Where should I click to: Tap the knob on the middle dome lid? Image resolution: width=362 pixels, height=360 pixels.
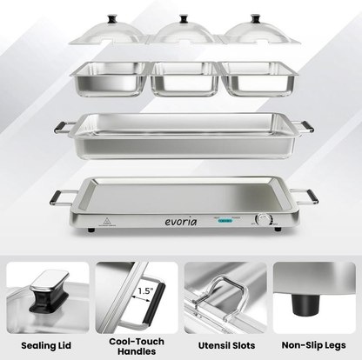point(185,17)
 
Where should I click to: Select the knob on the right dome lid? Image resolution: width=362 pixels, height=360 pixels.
point(255,17)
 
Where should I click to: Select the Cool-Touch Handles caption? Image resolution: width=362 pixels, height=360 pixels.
point(137,345)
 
